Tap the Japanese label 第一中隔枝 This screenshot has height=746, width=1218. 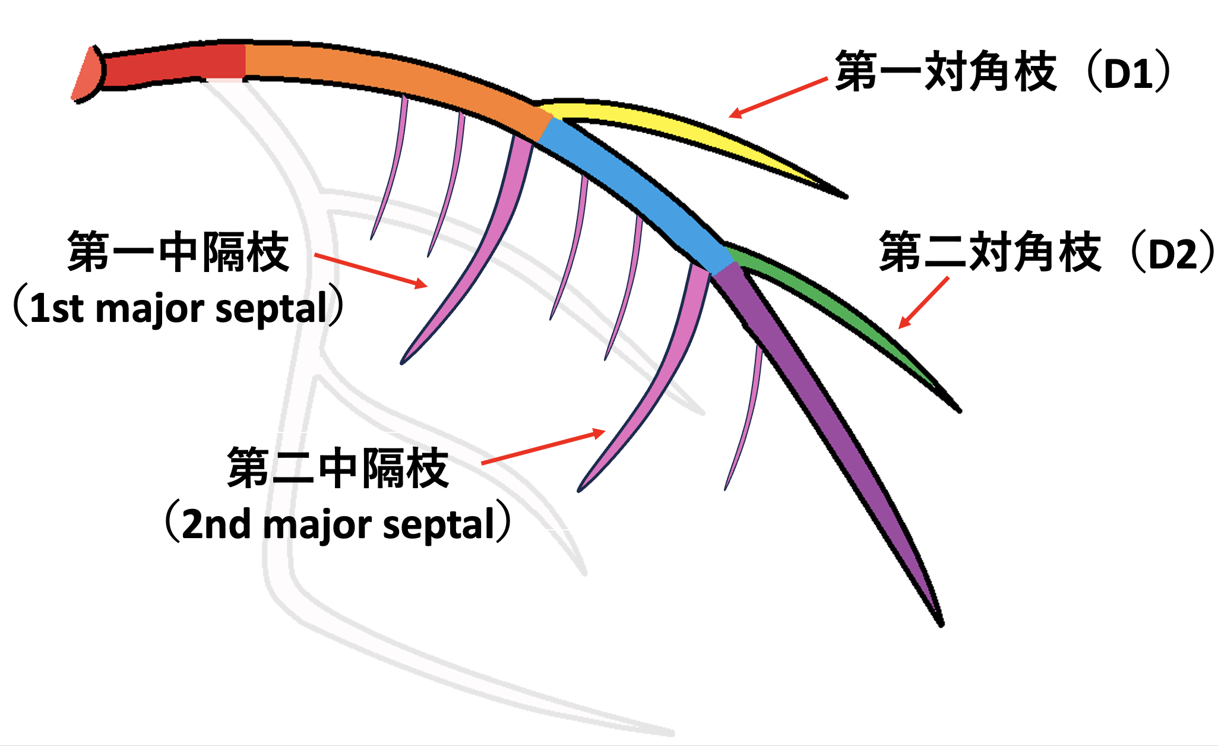tap(178, 252)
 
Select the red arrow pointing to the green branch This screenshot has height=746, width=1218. tap(923, 303)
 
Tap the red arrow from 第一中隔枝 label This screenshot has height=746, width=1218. tap(371, 270)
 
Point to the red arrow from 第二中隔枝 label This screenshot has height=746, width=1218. tap(543, 447)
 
